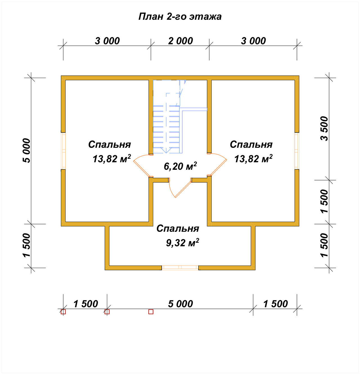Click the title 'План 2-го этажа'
(x=180, y=17)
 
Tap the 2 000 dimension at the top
(x=180, y=41)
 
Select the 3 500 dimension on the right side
(x=325, y=129)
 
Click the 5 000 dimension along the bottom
(x=180, y=304)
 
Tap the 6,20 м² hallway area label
(x=180, y=166)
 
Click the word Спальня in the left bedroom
(x=109, y=144)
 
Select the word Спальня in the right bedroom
(x=251, y=144)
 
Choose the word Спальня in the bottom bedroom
(x=178, y=229)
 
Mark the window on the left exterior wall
(x=63, y=151)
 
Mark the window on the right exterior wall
(x=297, y=151)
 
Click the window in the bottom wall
(x=180, y=268)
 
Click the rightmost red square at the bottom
(x=151, y=312)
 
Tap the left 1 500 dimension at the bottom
(x=86, y=304)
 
